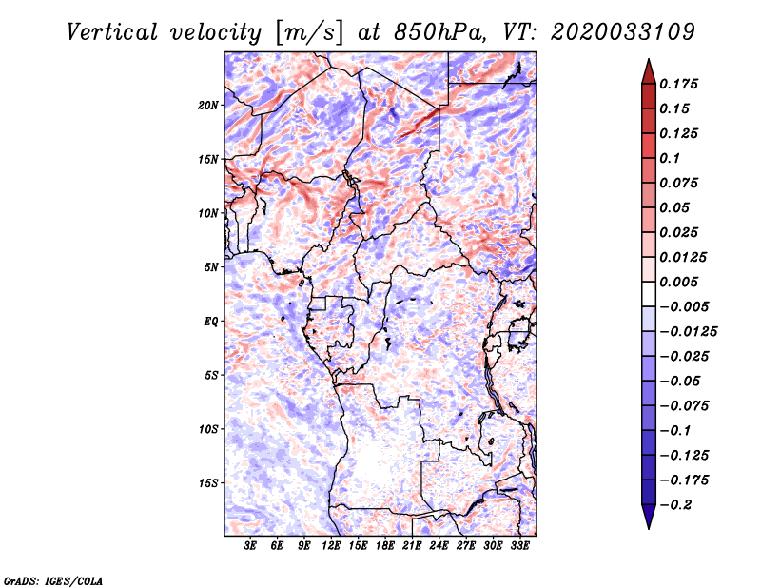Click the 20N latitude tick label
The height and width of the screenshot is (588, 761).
click(208, 106)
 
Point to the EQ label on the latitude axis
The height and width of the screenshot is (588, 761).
click(210, 322)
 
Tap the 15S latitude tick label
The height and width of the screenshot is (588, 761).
click(208, 483)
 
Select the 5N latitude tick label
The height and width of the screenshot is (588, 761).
click(211, 267)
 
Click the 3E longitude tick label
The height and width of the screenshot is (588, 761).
click(250, 546)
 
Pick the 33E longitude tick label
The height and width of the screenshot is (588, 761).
click(519, 546)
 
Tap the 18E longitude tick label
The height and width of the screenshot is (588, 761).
click(385, 546)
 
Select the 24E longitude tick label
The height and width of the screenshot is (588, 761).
click(439, 546)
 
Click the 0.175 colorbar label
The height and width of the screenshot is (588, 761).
click(679, 84)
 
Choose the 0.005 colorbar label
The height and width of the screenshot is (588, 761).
click(679, 282)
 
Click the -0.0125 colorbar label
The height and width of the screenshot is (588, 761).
click(689, 332)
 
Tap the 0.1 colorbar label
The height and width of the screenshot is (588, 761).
click(670, 158)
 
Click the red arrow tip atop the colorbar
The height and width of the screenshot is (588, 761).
click(649, 59)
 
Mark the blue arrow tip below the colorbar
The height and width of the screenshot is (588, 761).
click(649, 528)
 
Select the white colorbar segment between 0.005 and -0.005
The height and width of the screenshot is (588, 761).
click(649, 294)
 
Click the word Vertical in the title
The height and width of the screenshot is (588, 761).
click(112, 32)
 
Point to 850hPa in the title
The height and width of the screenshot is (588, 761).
click(439, 32)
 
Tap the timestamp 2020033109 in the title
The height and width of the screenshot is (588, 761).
click(623, 32)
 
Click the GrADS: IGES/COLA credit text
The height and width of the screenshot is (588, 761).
click(53, 581)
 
